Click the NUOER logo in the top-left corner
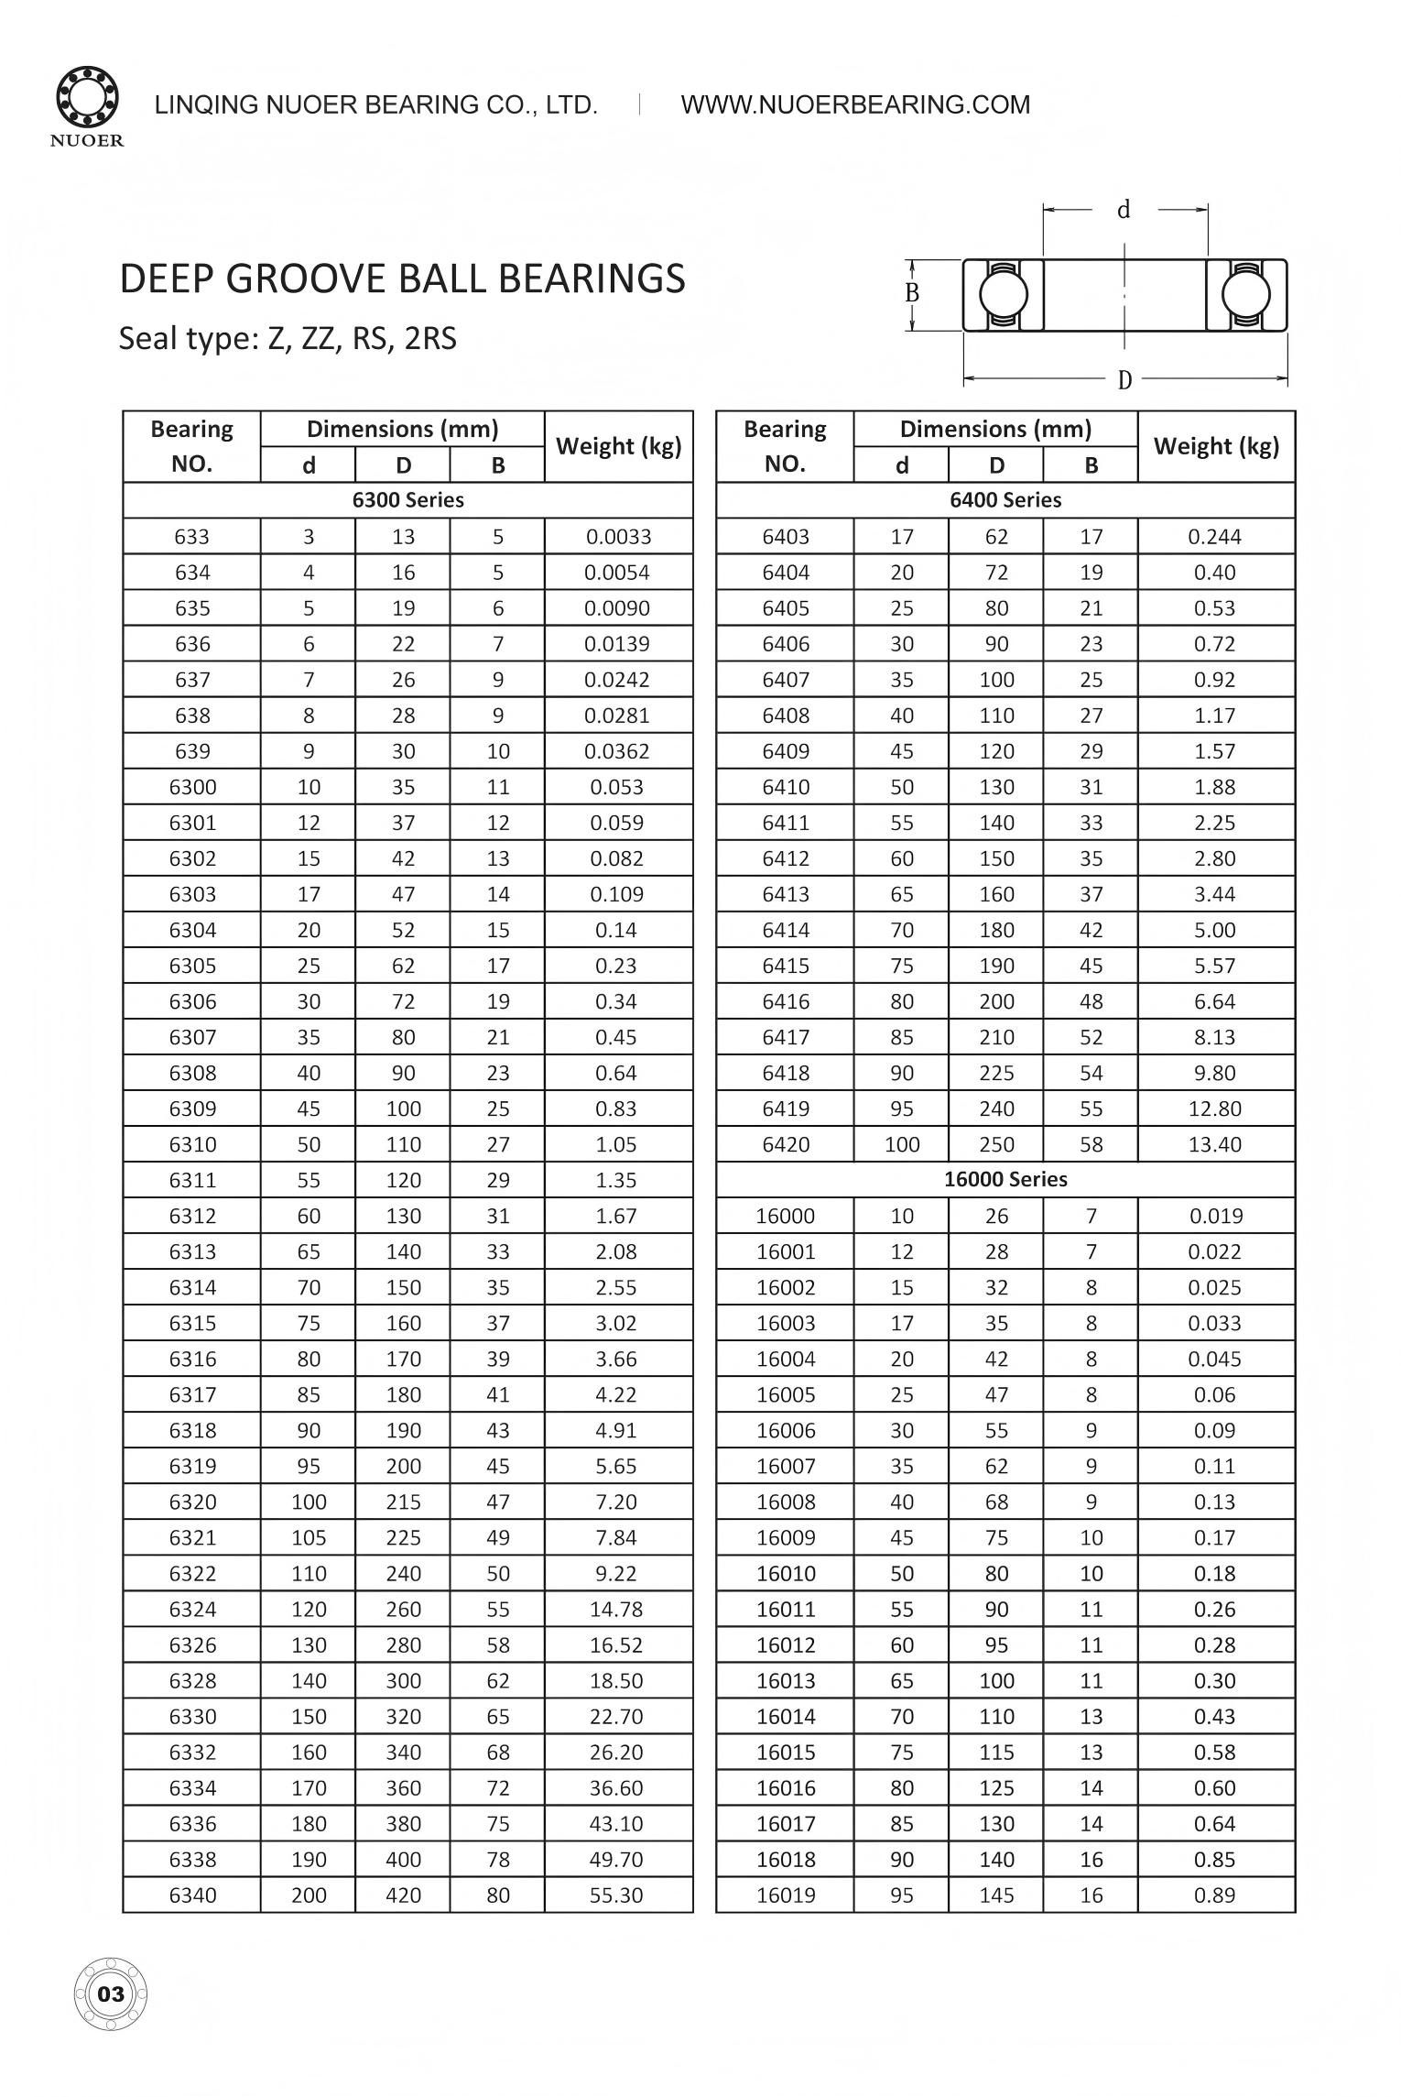point(88,106)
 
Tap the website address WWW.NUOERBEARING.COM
point(855,104)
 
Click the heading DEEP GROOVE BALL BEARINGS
point(402,279)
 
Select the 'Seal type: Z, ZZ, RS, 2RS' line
point(288,339)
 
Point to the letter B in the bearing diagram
point(912,293)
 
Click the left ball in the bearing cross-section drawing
point(1003,295)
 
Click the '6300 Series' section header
point(407,500)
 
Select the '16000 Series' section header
point(1005,1180)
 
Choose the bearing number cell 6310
point(192,1144)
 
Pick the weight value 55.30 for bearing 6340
point(616,1895)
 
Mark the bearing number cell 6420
point(786,1144)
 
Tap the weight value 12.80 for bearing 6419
point(1215,1109)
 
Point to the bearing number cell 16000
point(786,1217)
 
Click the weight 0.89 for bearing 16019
point(1215,1895)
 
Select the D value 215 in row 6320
point(403,1502)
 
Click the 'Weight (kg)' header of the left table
point(619,446)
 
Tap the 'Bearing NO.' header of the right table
point(785,446)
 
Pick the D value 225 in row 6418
point(996,1073)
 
